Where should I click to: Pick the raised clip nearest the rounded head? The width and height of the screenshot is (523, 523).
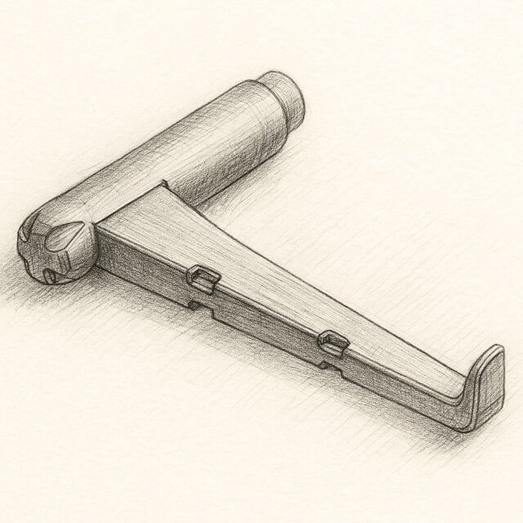tap(202, 279)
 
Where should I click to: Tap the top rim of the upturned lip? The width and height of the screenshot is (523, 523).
tap(494, 351)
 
